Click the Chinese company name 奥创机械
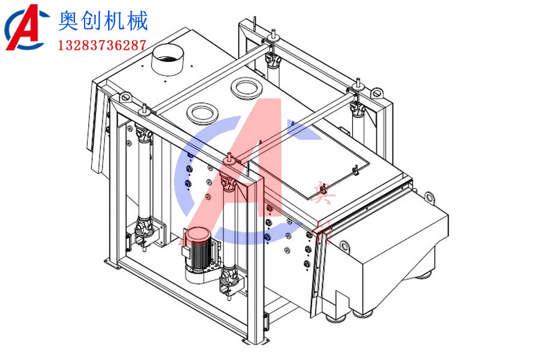point(103,22)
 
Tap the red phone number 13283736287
point(102,45)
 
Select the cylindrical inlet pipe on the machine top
point(168,61)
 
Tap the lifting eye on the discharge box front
point(344,245)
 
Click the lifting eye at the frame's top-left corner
point(125,97)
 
